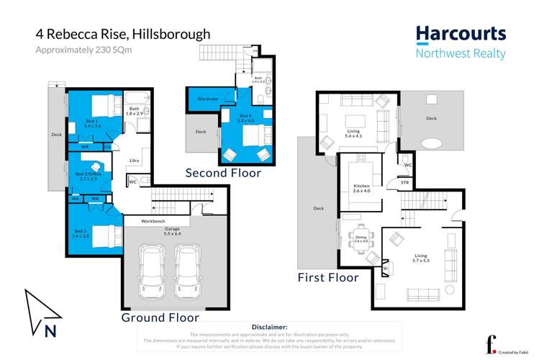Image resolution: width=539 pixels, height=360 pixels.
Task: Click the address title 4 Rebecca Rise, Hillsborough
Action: coord(123,34)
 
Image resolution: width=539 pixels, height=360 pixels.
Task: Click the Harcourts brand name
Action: coord(461,33)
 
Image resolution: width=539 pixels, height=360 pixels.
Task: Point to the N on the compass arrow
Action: coord(50,331)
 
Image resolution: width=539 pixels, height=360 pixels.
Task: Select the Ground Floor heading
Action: coord(160,317)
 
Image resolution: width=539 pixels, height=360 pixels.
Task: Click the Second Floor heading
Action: coord(223,173)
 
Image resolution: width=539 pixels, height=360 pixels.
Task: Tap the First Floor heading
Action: coord(328,277)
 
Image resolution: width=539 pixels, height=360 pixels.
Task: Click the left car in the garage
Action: coord(153,271)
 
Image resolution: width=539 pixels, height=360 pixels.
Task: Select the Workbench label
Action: coord(155,220)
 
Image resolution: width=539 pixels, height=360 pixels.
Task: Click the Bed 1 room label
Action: coord(91,123)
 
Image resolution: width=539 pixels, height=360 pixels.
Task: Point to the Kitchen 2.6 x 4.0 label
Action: coord(361,189)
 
